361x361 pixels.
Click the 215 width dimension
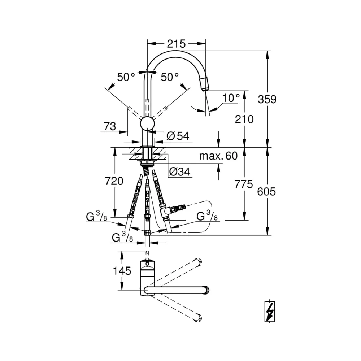[x=177, y=44]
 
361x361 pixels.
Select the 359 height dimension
[x=267, y=99]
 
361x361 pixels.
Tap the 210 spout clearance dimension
[x=244, y=119]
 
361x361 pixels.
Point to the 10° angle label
[x=231, y=98]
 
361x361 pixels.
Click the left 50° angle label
[x=126, y=77]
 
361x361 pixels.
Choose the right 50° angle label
[x=169, y=77]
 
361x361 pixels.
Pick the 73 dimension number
[x=110, y=126]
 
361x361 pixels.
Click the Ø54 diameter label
[x=178, y=136]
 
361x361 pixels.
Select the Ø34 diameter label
[x=180, y=172]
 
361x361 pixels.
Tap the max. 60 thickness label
[x=218, y=156]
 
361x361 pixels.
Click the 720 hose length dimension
[x=114, y=181]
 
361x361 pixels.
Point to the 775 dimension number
[x=244, y=184]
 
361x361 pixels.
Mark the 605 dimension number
[x=266, y=192]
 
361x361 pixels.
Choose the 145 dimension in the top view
[x=122, y=271]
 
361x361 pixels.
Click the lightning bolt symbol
[x=270, y=312]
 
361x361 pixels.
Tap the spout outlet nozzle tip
[x=205, y=84]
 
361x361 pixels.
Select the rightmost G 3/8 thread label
[x=207, y=216]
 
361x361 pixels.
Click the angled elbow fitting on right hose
[x=166, y=211]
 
